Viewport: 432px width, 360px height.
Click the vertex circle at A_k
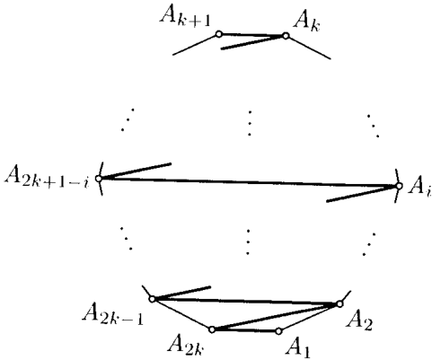click(x=286, y=36)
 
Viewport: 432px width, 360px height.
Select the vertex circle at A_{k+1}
click(x=219, y=34)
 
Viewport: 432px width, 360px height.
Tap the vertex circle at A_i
click(x=399, y=186)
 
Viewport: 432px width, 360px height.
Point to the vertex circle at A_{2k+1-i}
click(x=99, y=179)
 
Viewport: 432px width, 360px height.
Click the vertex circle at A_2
click(x=339, y=304)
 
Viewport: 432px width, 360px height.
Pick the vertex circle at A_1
click(x=278, y=331)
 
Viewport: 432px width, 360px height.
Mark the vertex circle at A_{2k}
click(x=212, y=329)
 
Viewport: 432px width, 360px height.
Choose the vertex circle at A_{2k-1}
click(x=152, y=299)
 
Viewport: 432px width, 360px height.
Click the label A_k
click(x=307, y=21)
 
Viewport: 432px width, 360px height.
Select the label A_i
click(x=419, y=189)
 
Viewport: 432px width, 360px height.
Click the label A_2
click(x=359, y=321)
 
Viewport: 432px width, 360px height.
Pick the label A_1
click(x=299, y=347)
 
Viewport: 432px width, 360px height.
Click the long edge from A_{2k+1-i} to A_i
click(x=249, y=182)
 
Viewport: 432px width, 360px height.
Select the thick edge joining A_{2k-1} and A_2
click(x=246, y=302)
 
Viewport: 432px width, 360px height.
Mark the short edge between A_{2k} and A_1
click(x=245, y=330)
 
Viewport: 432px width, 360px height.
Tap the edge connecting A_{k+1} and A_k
click(x=252, y=35)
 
